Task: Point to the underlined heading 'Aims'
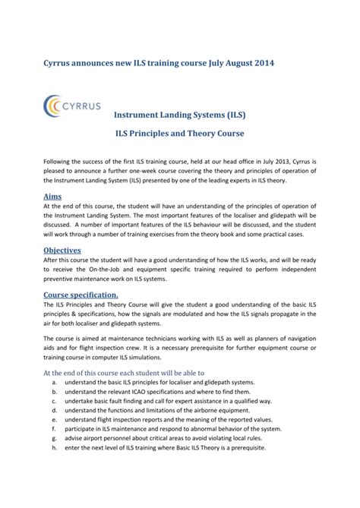[x=52, y=196]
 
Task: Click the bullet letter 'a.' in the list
[x=55, y=383]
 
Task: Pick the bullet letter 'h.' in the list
[x=55, y=448]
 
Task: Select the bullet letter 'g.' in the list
[x=55, y=439]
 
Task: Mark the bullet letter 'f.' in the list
[x=55, y=430]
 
